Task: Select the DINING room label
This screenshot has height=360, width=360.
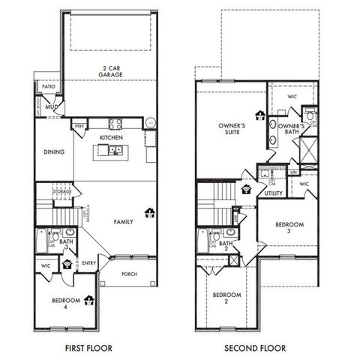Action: click(53, 151)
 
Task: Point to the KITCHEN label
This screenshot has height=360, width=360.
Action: click(112, 138)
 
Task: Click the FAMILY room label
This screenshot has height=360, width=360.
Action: click(123, 222)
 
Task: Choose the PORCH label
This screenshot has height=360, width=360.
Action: click(128, 273)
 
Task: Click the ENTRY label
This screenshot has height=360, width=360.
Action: click(88, 262)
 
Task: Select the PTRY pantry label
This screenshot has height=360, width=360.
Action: click(78, 126)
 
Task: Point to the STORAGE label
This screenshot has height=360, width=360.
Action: click(62, 192)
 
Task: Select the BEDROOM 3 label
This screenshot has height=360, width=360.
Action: click(289, 228)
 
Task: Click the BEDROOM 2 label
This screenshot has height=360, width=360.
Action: click(226, 298)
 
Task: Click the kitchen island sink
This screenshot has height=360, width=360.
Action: click(114, 151)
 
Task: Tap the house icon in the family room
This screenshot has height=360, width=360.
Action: click(149, 214)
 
